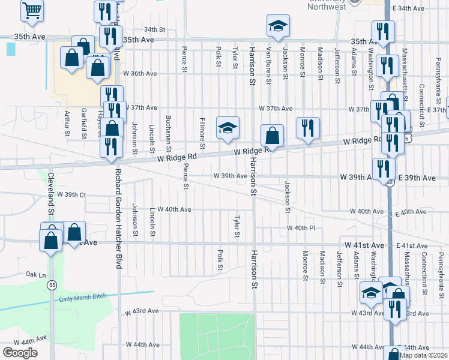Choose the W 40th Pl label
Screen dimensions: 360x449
click(301, 228)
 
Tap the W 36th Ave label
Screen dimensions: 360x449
click(140, 73)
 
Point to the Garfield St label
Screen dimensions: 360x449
click(83, 123)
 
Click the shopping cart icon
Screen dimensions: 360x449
click(32, 10)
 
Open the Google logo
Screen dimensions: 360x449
click(20, 353)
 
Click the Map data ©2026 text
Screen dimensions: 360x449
click(424, 355)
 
